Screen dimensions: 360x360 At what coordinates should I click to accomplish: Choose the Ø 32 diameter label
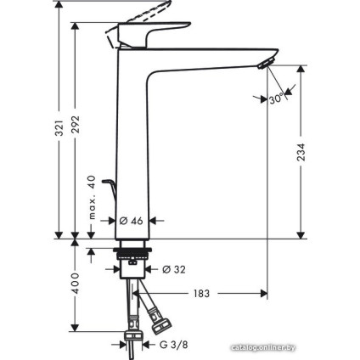tap(172, 270)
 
